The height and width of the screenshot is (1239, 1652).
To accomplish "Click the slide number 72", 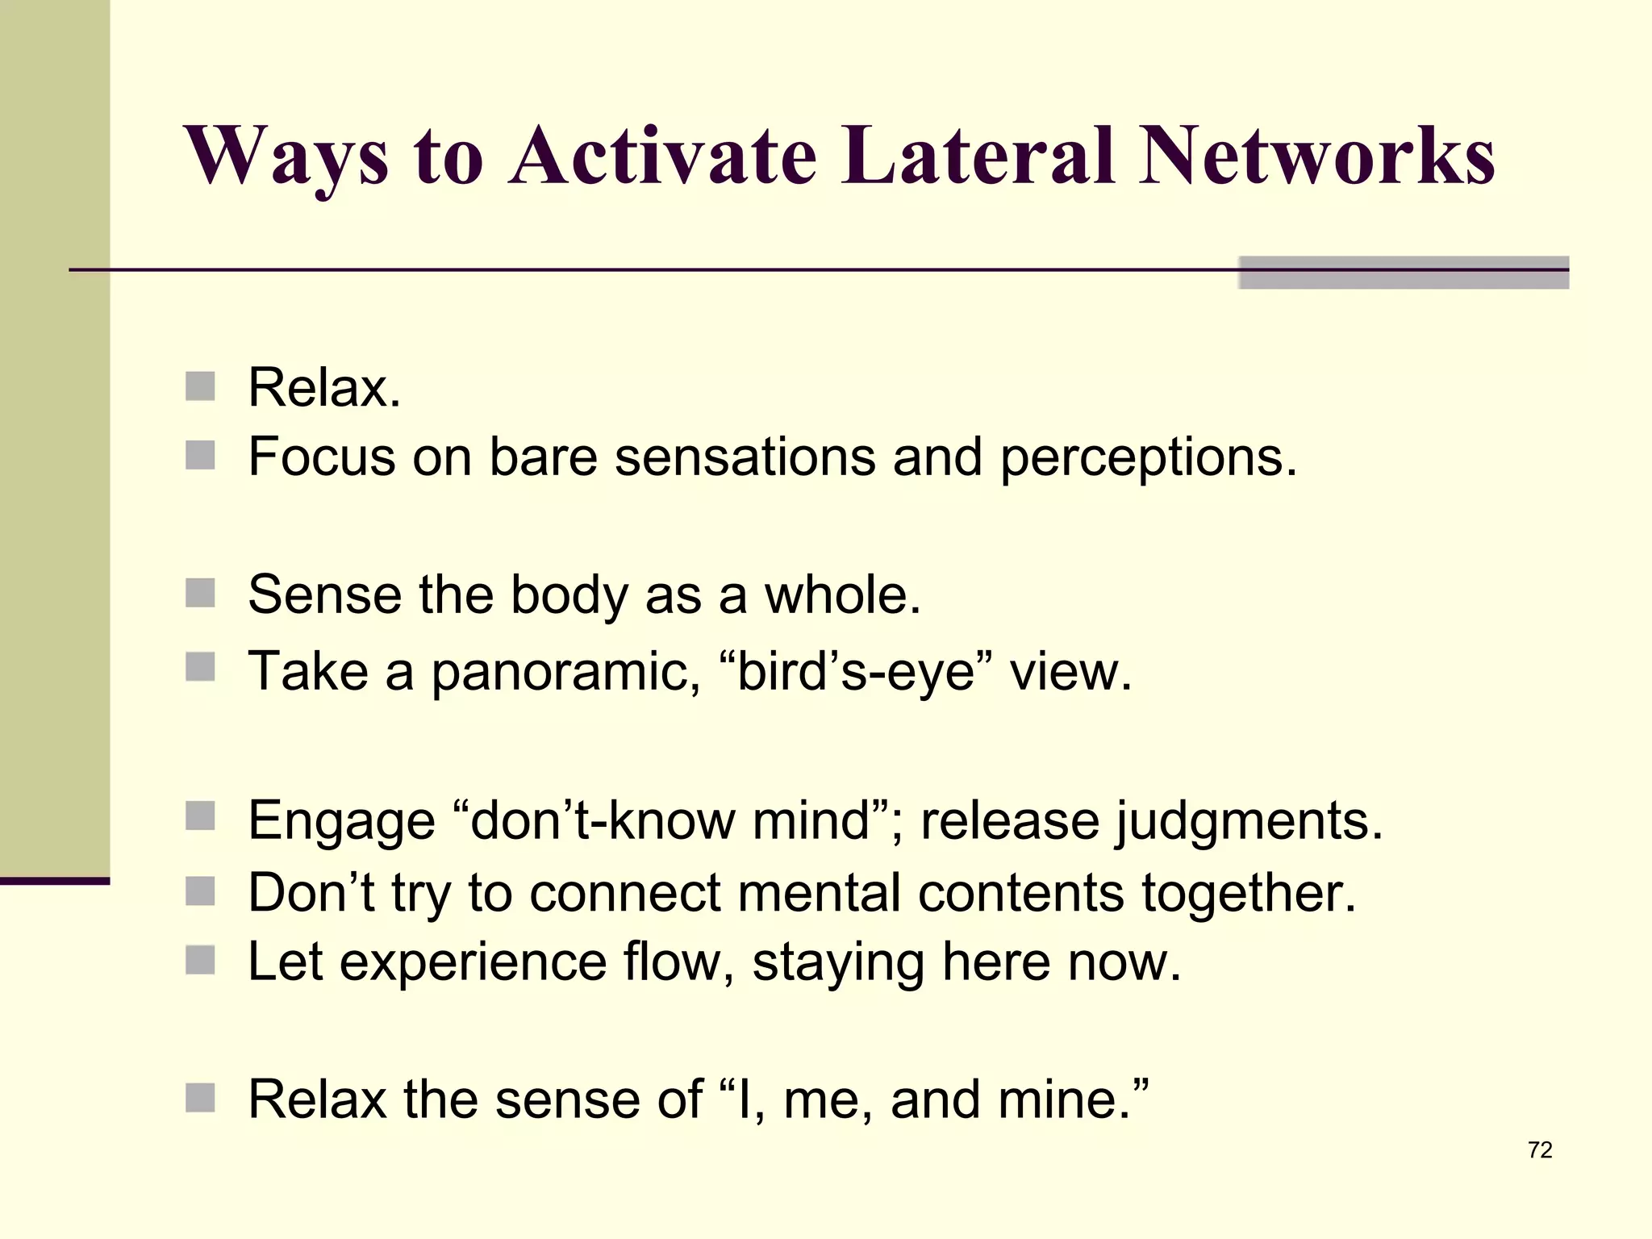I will point(1540,1149).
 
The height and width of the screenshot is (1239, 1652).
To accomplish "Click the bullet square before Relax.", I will point(200,386).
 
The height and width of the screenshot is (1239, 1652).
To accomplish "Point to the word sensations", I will point(745,457).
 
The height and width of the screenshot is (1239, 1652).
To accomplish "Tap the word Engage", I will point(342,821).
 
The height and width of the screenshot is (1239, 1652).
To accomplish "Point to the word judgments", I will point(1249,821).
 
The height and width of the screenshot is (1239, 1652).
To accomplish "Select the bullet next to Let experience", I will point(200,960).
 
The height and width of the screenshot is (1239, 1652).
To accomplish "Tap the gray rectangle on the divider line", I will point(1404,272).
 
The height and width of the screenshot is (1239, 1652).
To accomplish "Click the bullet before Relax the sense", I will point(200,1097).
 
